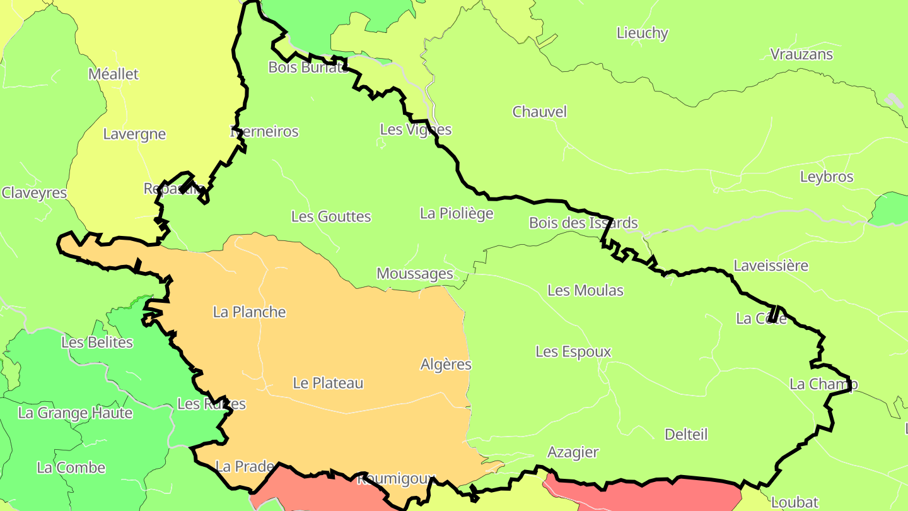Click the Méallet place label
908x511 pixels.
[113, 74]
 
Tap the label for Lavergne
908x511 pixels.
[134, 134]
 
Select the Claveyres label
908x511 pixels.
[34, 192]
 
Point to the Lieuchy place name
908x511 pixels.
[642, 33]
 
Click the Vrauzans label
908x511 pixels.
[801, 54]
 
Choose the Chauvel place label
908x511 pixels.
[539, 112]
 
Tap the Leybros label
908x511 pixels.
[826, 177]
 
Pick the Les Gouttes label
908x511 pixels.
[331, 216]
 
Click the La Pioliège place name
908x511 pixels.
[457, 213]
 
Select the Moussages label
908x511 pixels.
[415, 273]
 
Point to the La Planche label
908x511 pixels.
[250, 312]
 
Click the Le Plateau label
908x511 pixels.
[328, 383]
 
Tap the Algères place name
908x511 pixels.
[446, 364]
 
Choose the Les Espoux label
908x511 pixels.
[573, 351]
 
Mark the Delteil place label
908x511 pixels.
[686, 434]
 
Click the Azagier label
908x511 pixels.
[573, 452]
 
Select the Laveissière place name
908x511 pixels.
[771, 265]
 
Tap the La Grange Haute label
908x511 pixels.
[75, 413]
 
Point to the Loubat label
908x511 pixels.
[794, 502]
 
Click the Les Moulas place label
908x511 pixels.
[585, 290]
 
